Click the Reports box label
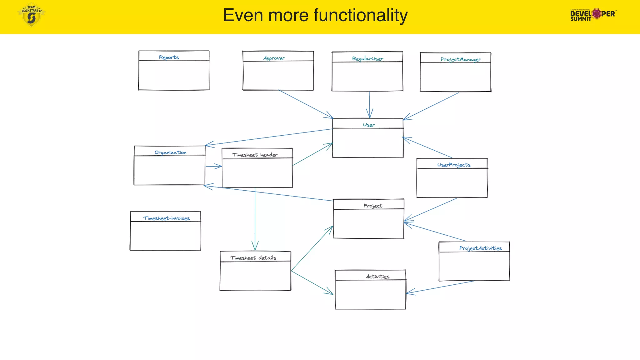pyautogui.click(x=169, y=57)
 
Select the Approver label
pyautogui.click(x=274, y=58)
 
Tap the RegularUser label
pyautogui.click(x=367, y=59)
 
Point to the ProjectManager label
pyautogui.click(x=461, y=59)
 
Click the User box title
pyautogui.click(x=369, y=125)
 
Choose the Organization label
pyautogui.click(x=170, y=152)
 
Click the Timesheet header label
pyautogui.click(x=254, y=155)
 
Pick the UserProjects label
pyautogui.click(x=453, y=165)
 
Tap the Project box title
pyautogui.click(x=372, y=206)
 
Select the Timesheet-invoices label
pyautogui.click(x=167, y=218)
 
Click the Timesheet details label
pyautogui.click(x=253, y=258)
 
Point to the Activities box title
pyautogui.click(x=377, y=277)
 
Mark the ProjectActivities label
pyautogui.click(x=480, y=248)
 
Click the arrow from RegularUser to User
pyautogui.click(x=369, y=105)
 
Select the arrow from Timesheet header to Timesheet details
pyautogui.click(x=255, y=219)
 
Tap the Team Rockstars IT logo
pyautogui.click(x=31, y=15)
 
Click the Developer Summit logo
pyautogui.click(x=593, y=14)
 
